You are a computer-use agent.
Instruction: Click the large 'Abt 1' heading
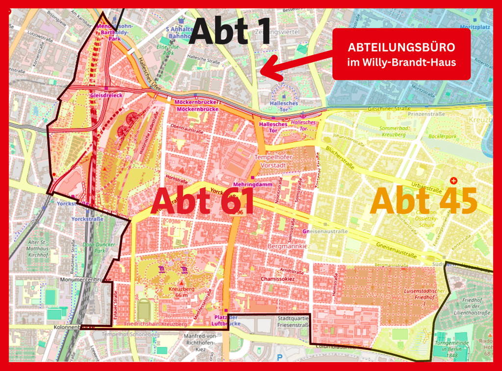coord(230,30)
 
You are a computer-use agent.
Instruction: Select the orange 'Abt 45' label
coord(424,201)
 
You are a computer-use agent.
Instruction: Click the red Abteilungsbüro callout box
coord(401,54)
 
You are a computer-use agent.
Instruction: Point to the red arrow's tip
coord(260,74)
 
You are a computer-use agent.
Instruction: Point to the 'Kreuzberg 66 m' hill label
coord(182,291)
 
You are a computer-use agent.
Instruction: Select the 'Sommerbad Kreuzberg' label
coord(393,131)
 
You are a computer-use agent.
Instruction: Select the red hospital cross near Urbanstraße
coord(453,181)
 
